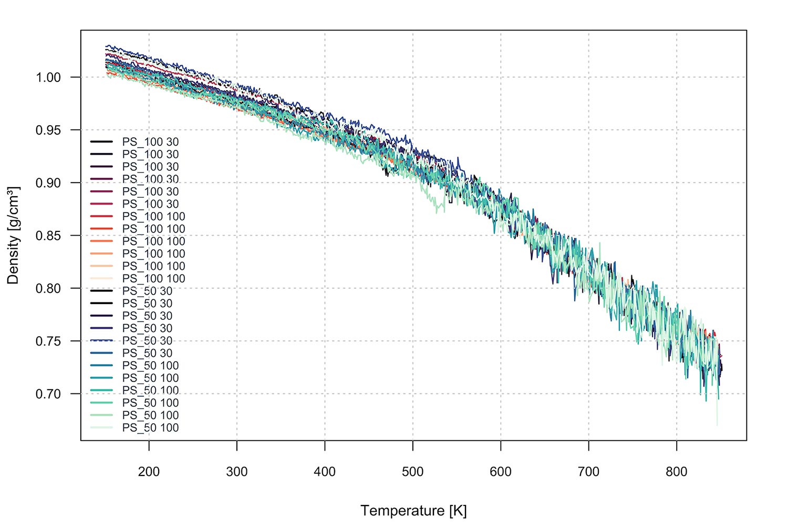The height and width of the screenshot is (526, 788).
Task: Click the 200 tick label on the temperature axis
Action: click(x=149, y=472)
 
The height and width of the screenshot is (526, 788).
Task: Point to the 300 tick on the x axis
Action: click(x=237, y=472)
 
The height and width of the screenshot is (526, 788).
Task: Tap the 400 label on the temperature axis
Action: click(x=325, y=472)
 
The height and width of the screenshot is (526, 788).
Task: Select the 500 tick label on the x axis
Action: click(x=413, y=472)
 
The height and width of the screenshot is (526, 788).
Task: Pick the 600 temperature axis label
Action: click(x=501, y=472)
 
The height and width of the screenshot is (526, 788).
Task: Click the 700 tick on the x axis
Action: click(x=588, y=472)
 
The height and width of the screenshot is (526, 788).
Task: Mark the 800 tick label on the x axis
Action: click(x=677, y=472)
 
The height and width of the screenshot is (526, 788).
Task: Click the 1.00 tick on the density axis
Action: click(x=48, y=77)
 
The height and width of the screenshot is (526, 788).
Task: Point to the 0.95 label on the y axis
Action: click(x=48, y=130)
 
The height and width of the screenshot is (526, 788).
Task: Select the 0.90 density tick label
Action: click(x=48, y=183)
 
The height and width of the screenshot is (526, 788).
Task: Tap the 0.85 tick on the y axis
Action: click(x=48, y=236)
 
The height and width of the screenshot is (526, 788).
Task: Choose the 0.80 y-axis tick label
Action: click(x=48, y=288)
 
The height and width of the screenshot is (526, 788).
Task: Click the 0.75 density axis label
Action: click(x=48, y=341)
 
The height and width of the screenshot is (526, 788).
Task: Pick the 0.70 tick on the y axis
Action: click(x=48, y=394)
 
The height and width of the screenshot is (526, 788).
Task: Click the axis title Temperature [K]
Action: click(x=413, y=511)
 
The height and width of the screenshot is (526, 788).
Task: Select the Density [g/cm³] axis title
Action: click(x=13, y=235)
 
